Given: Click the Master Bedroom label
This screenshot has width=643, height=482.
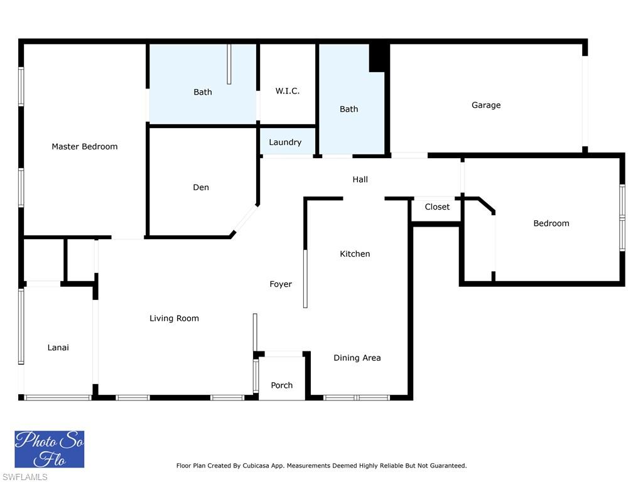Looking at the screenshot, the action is coord(85,146).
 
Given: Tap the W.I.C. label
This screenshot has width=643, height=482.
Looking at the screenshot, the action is coord(288,90).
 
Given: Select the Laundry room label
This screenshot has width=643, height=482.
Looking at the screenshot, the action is coord(286,142).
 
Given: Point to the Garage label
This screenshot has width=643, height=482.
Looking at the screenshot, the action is coord(486,105).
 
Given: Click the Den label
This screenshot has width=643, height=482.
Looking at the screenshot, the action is coord(201,187).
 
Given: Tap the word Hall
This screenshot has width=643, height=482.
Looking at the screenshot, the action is coord(360,179).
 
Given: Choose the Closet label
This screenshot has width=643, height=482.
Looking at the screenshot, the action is coord(437,207).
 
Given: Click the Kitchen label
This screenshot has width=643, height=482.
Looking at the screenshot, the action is coord(355,254).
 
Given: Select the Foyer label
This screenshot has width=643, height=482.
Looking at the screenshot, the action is coord(281,284).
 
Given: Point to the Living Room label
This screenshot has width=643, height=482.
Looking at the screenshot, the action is coord(174,318).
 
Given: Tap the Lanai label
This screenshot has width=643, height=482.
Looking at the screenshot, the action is coord(58,348).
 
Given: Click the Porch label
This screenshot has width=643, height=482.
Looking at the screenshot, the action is coord(282,385).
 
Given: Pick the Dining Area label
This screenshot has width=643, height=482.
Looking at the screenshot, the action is coord(357,358).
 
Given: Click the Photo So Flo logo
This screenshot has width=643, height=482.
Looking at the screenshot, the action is coord(50,449).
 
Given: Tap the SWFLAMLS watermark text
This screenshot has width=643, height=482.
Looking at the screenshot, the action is coord(24,477).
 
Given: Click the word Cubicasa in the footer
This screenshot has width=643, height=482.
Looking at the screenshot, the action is coord(258,466).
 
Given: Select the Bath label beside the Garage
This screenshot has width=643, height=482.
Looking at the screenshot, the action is coord(349,109).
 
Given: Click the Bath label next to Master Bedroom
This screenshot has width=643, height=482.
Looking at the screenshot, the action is coord(203,92).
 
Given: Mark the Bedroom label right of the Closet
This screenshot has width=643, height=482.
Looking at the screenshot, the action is coord(551,223).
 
